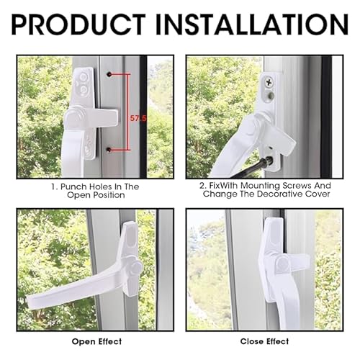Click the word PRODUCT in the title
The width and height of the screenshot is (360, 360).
(x=78, y=24)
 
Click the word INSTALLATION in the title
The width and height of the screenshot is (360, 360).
(x=252, y=24)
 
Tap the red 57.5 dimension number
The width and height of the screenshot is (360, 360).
(x=138, y=118)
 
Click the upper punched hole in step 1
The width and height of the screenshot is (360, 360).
(x=109, y=74)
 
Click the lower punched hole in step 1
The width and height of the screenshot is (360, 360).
(x=109, y=150)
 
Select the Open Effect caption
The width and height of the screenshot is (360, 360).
(x=96, y=341)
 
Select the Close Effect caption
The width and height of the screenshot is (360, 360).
(x=264, y=341)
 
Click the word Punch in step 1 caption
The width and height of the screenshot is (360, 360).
(x=73, y=186)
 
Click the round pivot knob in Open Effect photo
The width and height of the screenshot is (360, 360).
(x=136, y=266)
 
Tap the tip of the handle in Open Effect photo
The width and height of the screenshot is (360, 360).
(x=30, y=302)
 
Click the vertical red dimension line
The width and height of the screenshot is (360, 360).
(x=129, y=112)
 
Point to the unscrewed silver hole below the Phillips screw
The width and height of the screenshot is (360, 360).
(x=271, y=96)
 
